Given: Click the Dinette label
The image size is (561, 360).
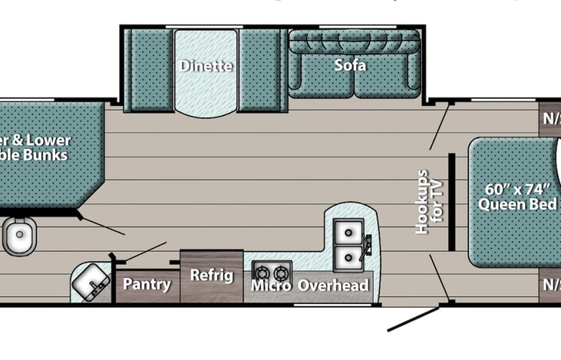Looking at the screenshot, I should click(206, 65).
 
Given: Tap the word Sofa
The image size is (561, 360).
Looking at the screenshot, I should click(350, 65).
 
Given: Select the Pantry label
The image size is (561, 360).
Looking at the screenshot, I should click(147, 285).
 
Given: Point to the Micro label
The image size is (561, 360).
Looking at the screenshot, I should click(271, 286).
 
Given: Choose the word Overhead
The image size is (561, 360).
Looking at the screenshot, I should click(333, 286).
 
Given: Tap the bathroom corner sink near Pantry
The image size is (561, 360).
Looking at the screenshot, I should click(91, 282).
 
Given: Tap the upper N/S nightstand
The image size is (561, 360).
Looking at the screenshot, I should click(550, 120).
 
